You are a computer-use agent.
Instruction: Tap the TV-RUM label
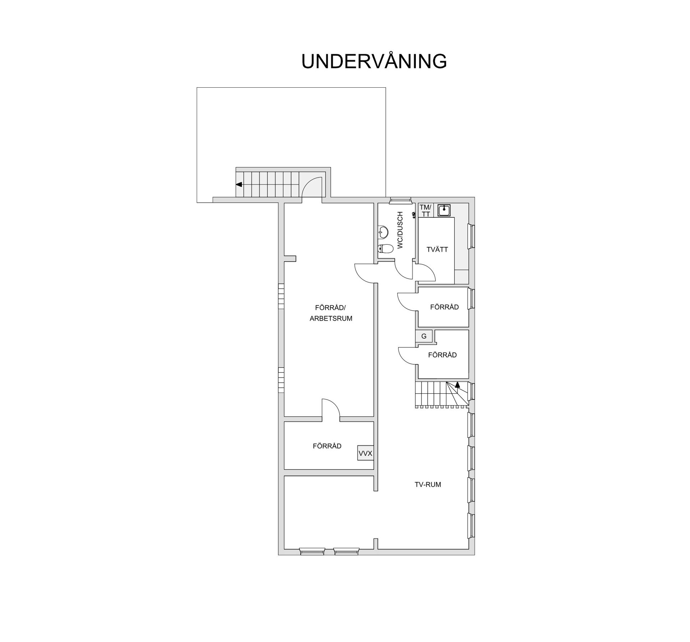[x=428, y=485]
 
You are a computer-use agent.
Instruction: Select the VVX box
[x=365, y=453]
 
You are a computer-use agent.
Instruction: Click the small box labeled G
[x=424, y=336]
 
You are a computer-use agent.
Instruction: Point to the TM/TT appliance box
[x=425, y=211]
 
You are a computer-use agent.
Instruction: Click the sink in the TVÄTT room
[x=444, y=210]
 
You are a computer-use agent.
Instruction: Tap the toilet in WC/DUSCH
[x=385, y=248]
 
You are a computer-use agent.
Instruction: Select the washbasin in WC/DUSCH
[x=383, y=232]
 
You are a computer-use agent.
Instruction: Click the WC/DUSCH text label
[x=400, y=230]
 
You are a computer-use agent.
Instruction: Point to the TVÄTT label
[x=437, y=249]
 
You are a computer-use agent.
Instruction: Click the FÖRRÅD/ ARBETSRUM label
[x=331, y=313]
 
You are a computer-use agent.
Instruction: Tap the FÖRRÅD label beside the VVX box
[x=327, y=446]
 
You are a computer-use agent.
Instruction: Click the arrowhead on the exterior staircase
[x=239, y=185]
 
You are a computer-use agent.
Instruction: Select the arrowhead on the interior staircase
[x=457, y=384]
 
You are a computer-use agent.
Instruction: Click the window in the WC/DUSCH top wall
[x=400, y=200]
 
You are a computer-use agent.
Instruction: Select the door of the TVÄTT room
[x=425, y=272]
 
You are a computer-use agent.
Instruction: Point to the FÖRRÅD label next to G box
[x=442, y=355]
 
